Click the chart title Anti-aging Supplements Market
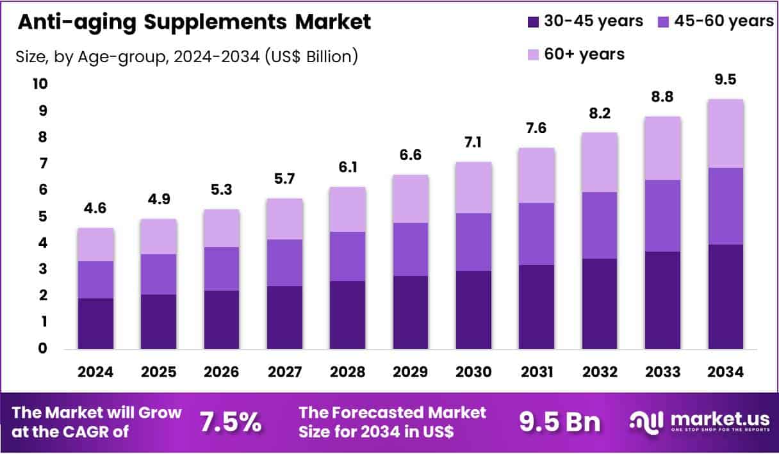[x=194, y=22]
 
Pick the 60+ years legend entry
[x=575, y=54]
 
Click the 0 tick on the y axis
[x=42, y=349]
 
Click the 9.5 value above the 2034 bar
[x=725, y=79]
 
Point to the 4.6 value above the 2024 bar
[x=96, y=209]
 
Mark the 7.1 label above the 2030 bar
[x=473, y=143]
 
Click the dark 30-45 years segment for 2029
[x=411, y=312]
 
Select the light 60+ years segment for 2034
[x=725, y=133]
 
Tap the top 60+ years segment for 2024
[x=96, y=245]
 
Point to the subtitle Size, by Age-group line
[x=186, y=56]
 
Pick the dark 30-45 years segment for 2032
[x=599, y=304]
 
